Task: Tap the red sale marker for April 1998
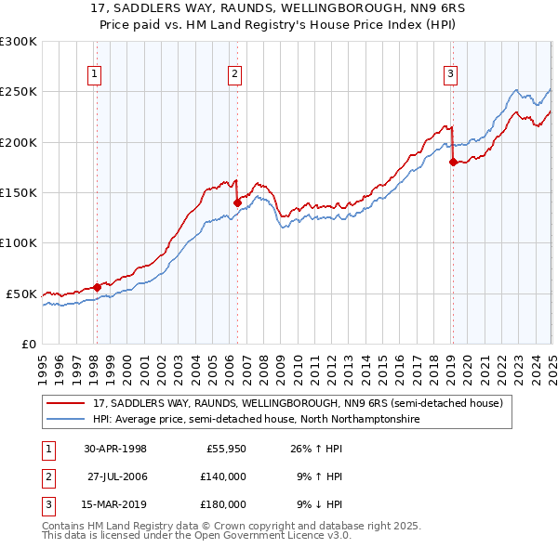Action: click(x=97, y=287)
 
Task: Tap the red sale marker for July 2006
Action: click(x=237, y=202)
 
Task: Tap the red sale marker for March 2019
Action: click(x=453, y=163)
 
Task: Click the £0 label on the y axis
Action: click(x=28, y=344)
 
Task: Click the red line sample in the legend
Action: click(x=66, y=403)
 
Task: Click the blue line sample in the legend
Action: click(x=66, y=420)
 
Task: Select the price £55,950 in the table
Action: click(x=224, y=449)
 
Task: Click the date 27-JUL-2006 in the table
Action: click(x=119, y=476)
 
